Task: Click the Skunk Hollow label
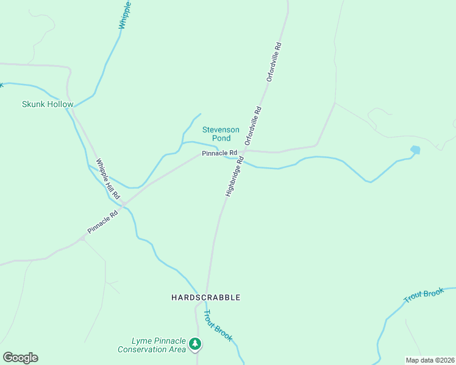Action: point(48,104)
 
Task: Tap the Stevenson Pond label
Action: point(216,134)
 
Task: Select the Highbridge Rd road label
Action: point(234,176)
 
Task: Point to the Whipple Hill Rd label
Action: point(107,179)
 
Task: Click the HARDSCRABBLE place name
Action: point(205,297)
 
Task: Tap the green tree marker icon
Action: point(195,344)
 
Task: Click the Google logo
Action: point(20,357)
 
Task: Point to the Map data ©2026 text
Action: point(430,360)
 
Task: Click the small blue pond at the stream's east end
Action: point(415,150)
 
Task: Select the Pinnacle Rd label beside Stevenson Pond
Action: point(219,153)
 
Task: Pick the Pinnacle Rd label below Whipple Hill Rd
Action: point(102,222)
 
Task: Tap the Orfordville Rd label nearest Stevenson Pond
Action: point(253,125)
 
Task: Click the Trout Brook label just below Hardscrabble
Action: point(217,325)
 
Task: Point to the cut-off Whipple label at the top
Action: point(125,15)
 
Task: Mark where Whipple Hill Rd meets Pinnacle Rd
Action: point(124,205)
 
